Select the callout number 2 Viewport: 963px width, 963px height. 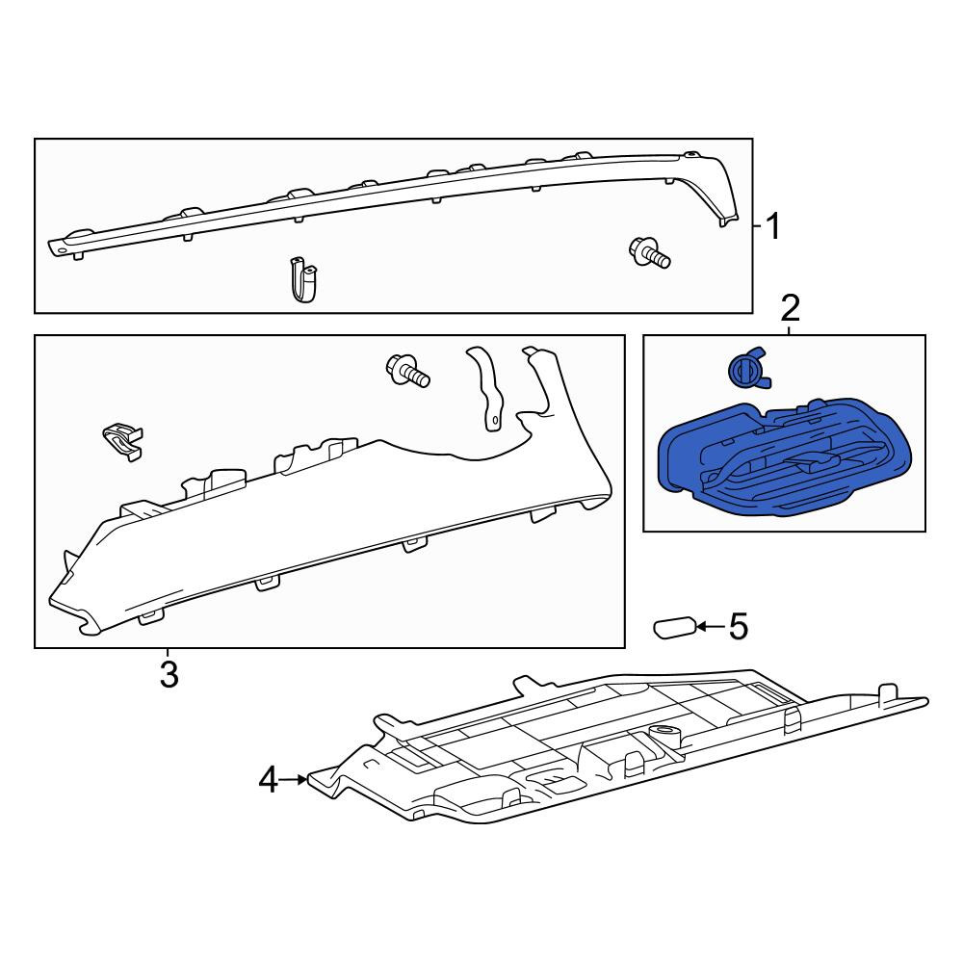pyautogui.click(x=790, y=308)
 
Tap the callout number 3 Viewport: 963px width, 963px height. pyautogui.click(x=169, y=674)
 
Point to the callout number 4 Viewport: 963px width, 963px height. pyautogui.click(x=269, y=781)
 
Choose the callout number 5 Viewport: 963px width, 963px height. pyautogui.click(x=739, y=627)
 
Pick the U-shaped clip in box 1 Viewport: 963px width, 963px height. pyautogui.click(x=304, y=280)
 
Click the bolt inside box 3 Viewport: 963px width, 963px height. pyautogui.click(x=407, y=371)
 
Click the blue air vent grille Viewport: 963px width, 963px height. pyautogui.click(x=784, y=455)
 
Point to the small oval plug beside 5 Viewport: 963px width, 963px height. pyautogui.click(x=674, y=628)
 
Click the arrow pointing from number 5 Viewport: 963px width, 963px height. pyautogui.click(x=712, y=627)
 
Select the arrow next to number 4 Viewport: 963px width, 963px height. pyautogui.click(x=294, y=780)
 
